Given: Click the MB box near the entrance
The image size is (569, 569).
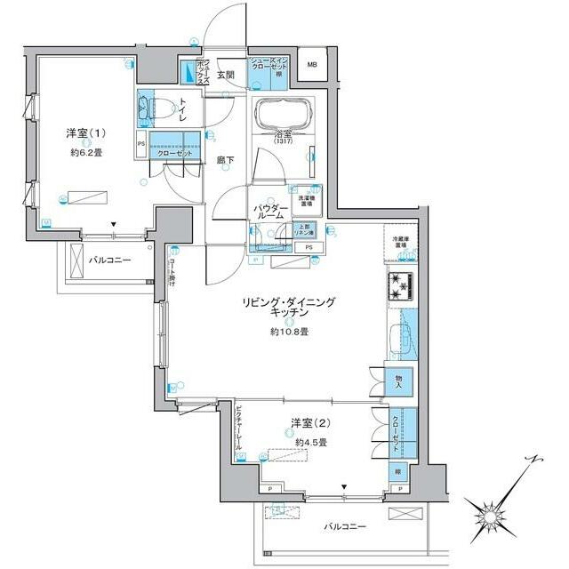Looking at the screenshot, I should click(312, 65).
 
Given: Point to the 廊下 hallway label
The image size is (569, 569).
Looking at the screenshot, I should click(224, 162).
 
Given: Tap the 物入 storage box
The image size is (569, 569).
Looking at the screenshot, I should click(398, 381).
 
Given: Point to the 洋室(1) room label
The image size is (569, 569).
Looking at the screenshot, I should click(85, 133).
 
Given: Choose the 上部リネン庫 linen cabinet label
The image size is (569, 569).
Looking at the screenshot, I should click(304, 228).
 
